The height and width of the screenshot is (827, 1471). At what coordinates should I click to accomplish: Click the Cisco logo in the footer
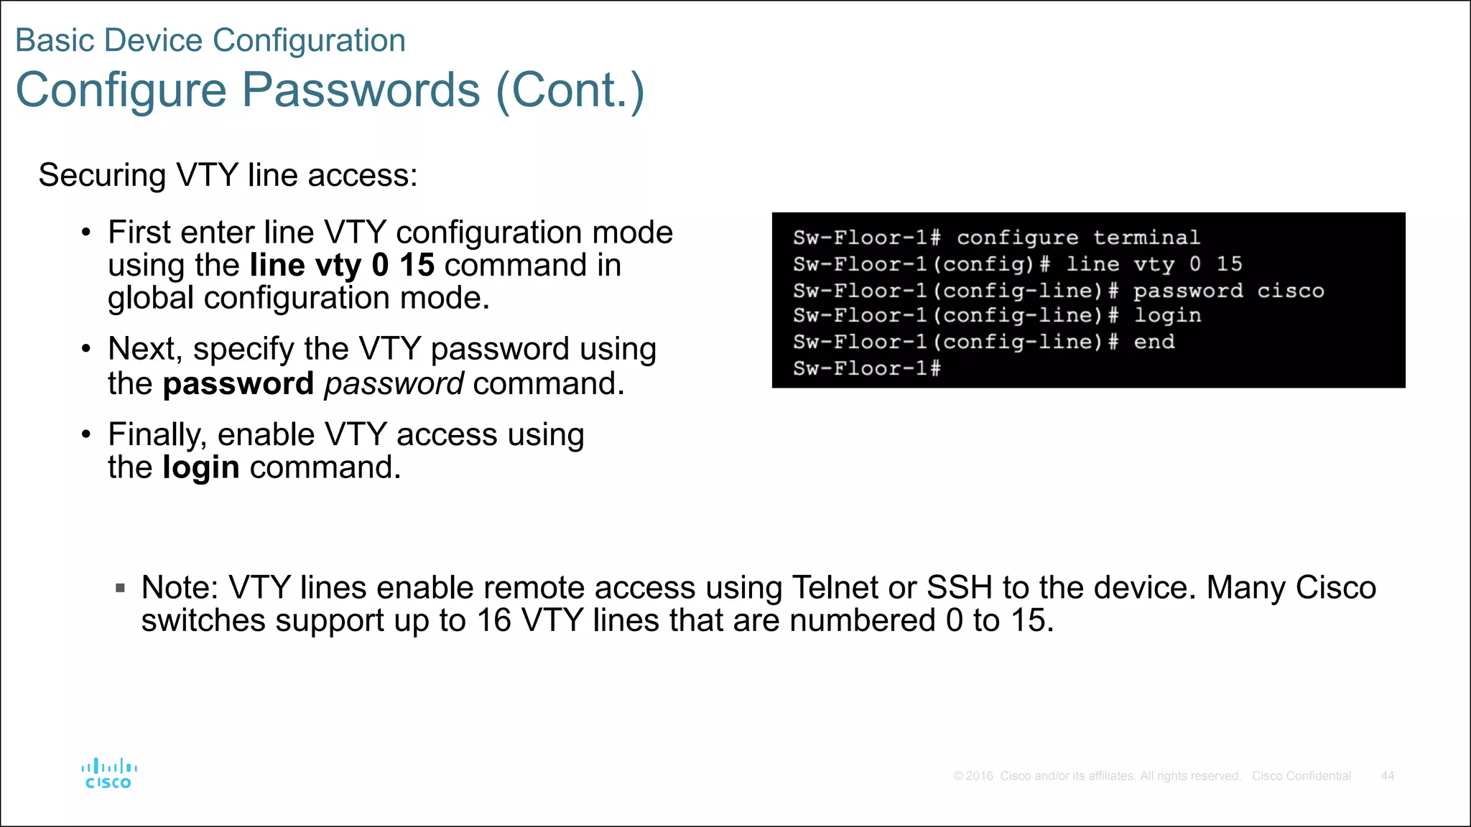[x=108, y=774]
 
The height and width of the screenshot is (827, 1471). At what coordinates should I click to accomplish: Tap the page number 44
[x=1387, y=776]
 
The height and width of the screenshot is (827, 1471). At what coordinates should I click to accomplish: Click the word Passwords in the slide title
[x=361, y=90]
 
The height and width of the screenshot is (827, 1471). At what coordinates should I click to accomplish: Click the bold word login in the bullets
[x=201, y=467]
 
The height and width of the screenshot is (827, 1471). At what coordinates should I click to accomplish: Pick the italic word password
[x=394, y=383]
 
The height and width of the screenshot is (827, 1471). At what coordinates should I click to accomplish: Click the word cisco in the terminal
[x=1290, y=291]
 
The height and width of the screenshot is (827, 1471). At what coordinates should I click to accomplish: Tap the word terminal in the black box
[x=1146, y=238]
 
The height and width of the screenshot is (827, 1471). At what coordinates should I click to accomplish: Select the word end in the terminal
[x=1154, y=342]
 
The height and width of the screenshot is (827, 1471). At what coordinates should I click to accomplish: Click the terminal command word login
[x=1167, y=316]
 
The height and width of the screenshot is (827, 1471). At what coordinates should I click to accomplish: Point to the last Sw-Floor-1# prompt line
[x=866, y=368]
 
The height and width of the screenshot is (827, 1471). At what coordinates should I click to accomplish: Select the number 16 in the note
[x=493, y=620]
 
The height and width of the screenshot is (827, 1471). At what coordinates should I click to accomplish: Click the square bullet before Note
[x=120, y=589]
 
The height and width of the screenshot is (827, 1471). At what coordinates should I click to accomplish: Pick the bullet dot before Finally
[x=86, y=435]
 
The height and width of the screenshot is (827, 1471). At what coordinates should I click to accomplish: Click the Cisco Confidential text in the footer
[x=1301, y=776]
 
